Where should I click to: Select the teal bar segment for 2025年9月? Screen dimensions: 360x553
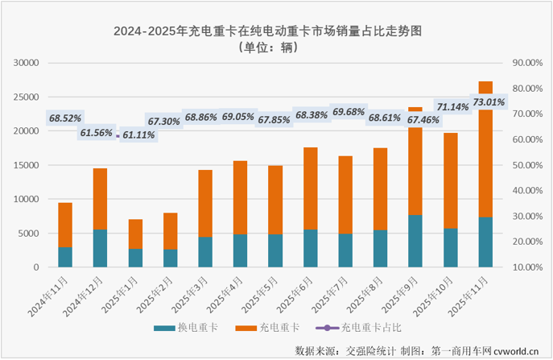coord(415,241)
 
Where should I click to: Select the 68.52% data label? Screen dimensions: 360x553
coord(65,118)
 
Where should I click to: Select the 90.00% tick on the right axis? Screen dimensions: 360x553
coord(527,63)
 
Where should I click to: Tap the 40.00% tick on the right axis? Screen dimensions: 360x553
coord(527,191)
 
